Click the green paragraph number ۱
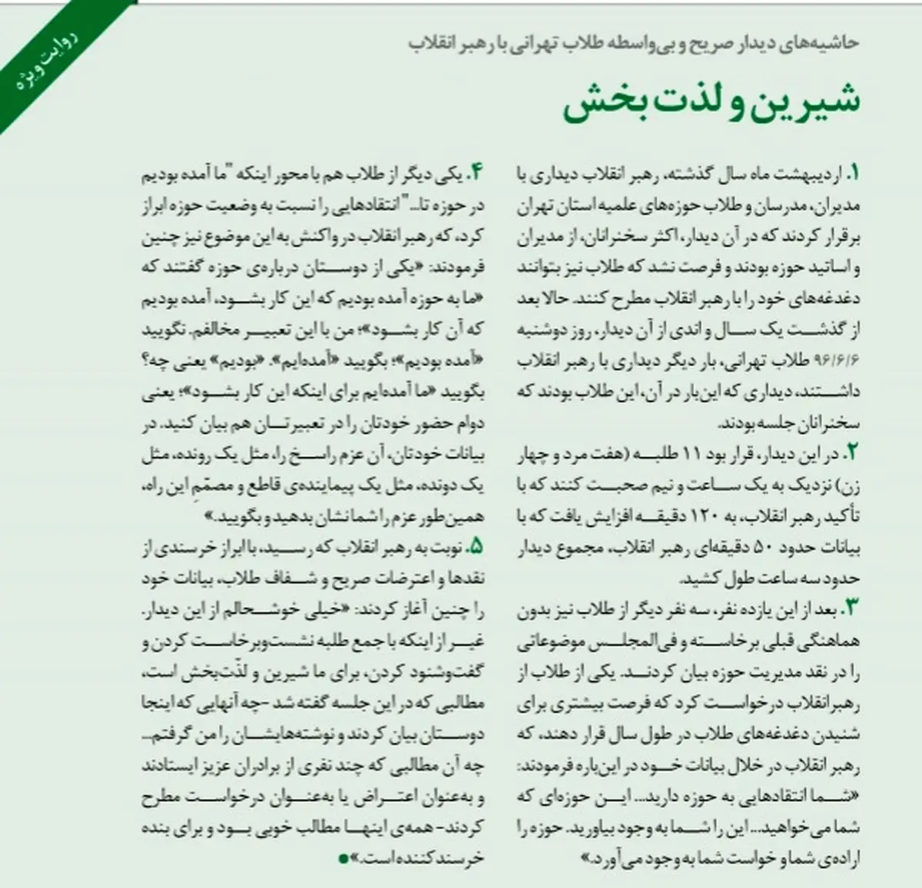(854, 174)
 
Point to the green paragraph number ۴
(479, 174)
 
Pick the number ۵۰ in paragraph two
(758, 548)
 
